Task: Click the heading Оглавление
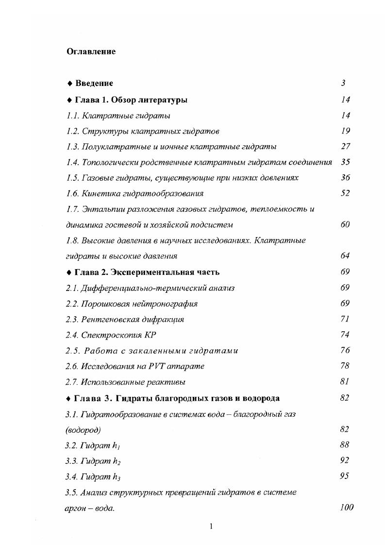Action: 91,51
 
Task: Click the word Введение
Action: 94,84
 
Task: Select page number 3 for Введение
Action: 343,84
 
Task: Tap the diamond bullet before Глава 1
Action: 69,100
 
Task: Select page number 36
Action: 345,178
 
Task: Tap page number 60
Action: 345,224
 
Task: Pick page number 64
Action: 345,255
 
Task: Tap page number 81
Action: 345,381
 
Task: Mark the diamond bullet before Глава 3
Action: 69,398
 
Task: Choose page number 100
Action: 347,508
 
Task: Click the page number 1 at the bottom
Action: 211,527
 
